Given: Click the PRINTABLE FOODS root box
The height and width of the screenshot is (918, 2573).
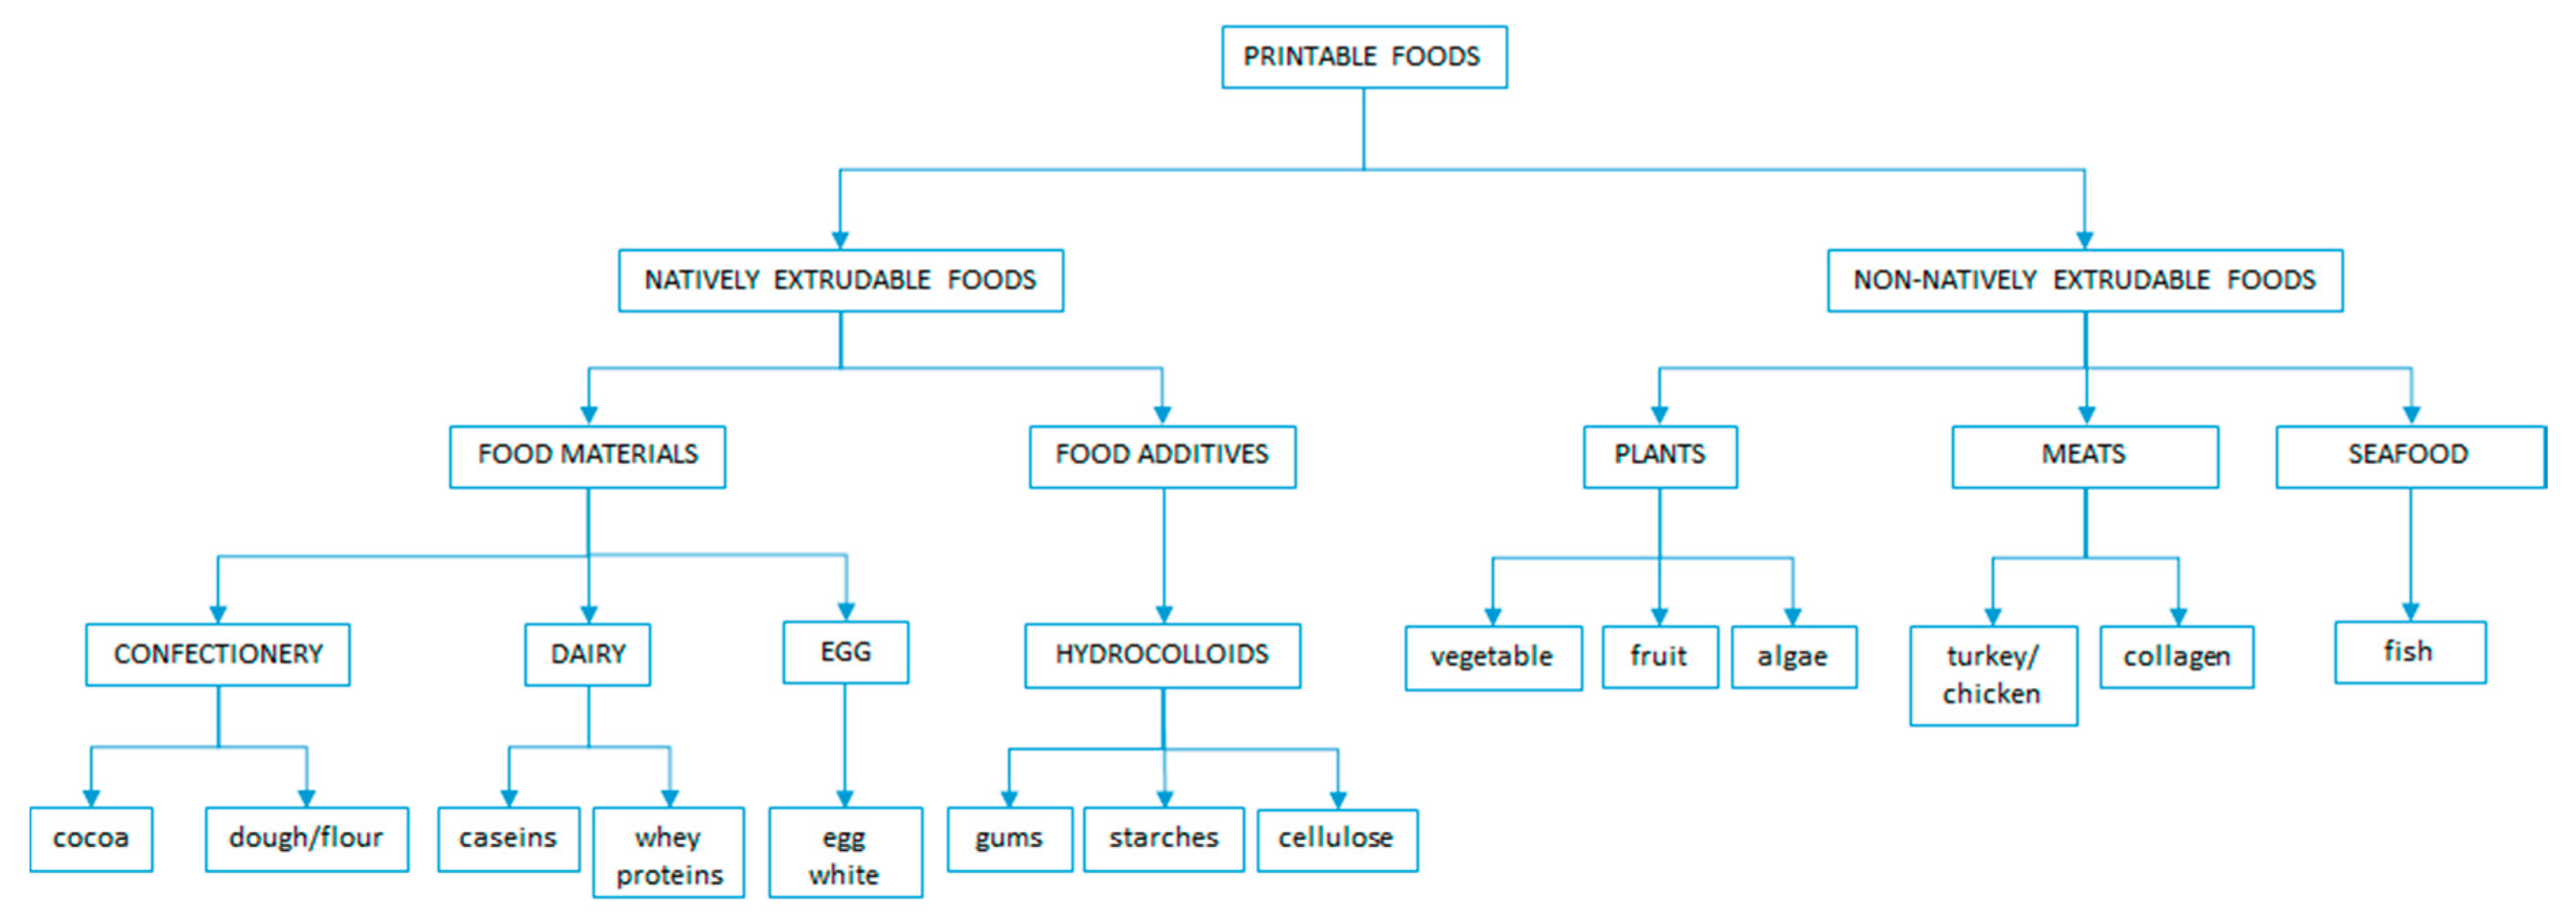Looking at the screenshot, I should pos(1363,57).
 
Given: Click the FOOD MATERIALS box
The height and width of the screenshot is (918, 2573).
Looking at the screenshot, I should pos(587,456).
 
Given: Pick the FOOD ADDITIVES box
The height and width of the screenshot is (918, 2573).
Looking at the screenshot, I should pos(1162,456).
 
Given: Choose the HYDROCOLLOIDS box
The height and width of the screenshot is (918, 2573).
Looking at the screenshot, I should pos(1162,655).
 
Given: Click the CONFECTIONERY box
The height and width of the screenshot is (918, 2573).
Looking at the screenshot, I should pos(218,654).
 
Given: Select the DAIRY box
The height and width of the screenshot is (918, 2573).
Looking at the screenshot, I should pos(587,654).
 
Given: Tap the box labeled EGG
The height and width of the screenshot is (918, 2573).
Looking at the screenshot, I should pos(845,652).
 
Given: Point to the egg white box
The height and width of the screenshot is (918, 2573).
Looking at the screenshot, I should pos(845,853).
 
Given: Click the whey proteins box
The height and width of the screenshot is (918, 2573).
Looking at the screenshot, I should pos(668,853).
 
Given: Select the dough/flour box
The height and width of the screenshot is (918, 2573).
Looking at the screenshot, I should pos(307,839).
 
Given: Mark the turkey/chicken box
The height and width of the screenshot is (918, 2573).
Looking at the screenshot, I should pos(1992,676).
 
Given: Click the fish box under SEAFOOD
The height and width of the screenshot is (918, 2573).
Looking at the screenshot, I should pos(2409,652).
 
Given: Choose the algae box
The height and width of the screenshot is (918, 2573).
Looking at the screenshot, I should pos(1793,657).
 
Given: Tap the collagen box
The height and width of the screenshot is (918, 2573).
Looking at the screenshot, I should pos(2176,657).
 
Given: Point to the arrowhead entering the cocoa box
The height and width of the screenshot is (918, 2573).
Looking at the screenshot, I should pos(91,798).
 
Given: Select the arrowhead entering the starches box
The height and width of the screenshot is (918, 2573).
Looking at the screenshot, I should pos(1165,798).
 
